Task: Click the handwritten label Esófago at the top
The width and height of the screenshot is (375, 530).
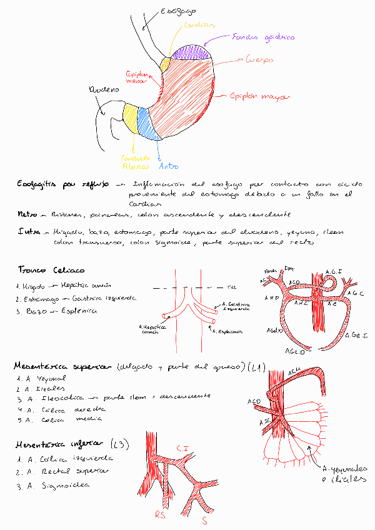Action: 177,11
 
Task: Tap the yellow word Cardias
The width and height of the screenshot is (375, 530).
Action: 199,26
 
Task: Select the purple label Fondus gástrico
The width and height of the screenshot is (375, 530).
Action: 262,37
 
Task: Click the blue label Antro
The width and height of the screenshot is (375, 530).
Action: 169,166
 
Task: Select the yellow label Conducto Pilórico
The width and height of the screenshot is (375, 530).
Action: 135,162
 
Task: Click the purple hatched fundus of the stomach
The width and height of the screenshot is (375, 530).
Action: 190,52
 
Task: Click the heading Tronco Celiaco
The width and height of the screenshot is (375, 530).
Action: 51,270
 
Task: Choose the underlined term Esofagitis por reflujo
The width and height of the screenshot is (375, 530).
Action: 63,184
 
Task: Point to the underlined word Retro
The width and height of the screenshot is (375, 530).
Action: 26,214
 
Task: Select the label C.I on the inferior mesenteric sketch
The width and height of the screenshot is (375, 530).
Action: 182,447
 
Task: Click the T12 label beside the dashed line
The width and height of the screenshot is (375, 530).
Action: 231,287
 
